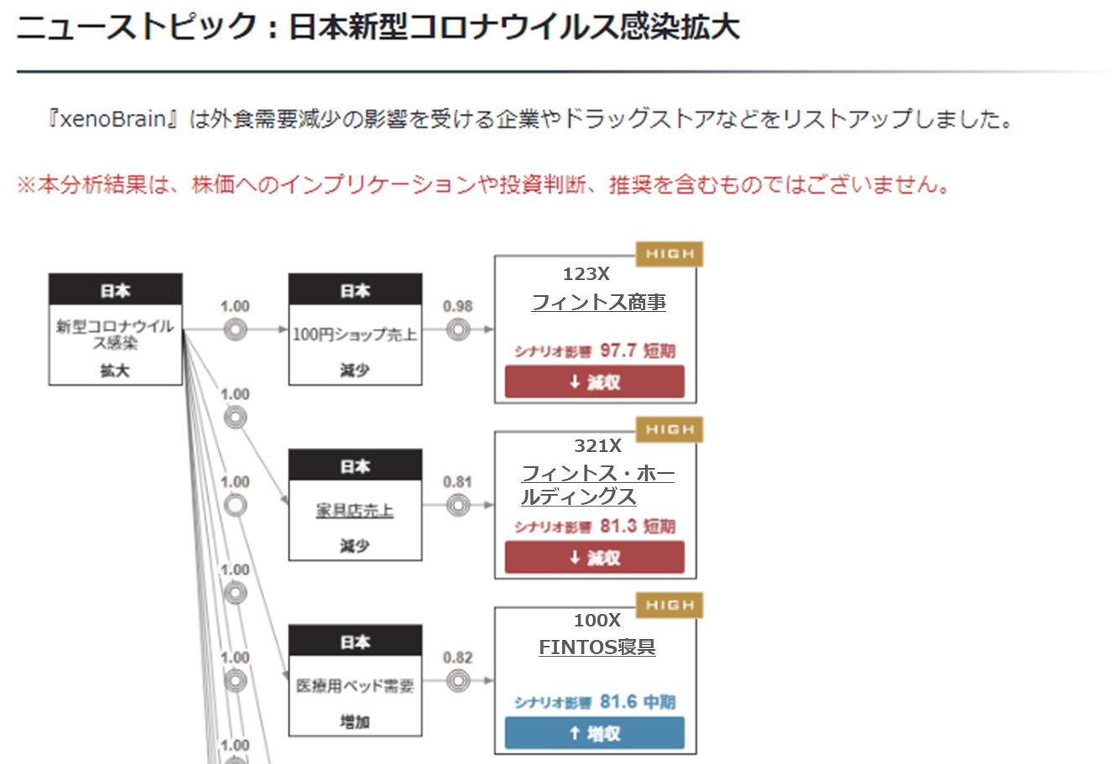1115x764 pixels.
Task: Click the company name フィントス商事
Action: coord(598,302)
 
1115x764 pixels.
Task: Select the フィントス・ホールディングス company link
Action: coord(597,486)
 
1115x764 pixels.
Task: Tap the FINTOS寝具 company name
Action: coord(597,647)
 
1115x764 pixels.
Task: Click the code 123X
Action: coord(586,274)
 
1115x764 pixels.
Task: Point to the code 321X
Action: coord(597,446)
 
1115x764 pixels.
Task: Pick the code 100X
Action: coord(597,621)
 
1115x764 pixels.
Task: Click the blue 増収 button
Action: coord(594,733)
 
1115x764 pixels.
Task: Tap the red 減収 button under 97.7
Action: coord(594,382)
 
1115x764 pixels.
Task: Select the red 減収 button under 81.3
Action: coord(594,557)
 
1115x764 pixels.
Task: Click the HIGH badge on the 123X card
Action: coord(669,254)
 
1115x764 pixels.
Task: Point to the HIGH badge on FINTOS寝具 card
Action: coord(669,605)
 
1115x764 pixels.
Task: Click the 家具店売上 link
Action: coord(354,510)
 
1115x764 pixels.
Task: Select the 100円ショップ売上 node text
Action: coord(354,335)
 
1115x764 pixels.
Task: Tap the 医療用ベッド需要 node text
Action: coord(354,686)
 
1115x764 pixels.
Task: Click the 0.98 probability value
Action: coord(457,307)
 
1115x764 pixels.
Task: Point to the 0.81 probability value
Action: coord(457,482)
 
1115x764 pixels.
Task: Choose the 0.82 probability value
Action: coord(457,657)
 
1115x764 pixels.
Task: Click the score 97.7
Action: coord(617,351)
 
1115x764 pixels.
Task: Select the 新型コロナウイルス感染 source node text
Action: coord(115,334)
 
